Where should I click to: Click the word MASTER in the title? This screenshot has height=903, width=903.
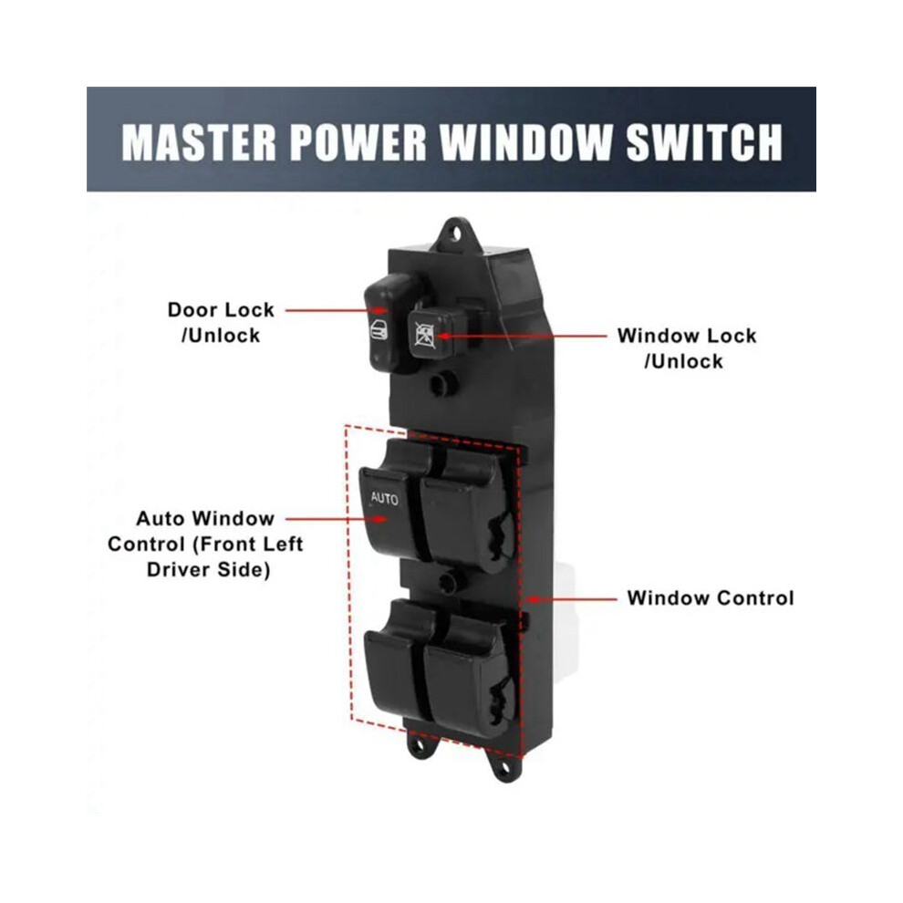(x=199, y=141)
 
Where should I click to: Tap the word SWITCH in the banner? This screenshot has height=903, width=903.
(x=704, y=141)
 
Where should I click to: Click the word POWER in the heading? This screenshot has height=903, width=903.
(x=358, y=141)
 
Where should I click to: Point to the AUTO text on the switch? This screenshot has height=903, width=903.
(x=384, y=498)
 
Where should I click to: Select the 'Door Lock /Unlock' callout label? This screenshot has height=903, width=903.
(x=221, y=323)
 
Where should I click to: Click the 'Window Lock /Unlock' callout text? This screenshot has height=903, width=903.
(x=687, y=348)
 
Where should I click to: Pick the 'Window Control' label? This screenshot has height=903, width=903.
(x=711, y=597)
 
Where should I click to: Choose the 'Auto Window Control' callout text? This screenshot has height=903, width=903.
(x=205, y=544)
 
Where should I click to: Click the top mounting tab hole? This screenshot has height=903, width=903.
(x=456, y=234)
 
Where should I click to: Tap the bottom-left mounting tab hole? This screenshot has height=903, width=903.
(x=418, y=745)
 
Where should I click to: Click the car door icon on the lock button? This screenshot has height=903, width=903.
(x=378, y=330)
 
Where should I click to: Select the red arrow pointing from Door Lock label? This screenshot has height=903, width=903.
(x=337, y=310)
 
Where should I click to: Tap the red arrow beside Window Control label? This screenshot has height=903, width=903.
(x=572, y=599)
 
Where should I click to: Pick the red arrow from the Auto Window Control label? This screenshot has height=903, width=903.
(x=336, y=519)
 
